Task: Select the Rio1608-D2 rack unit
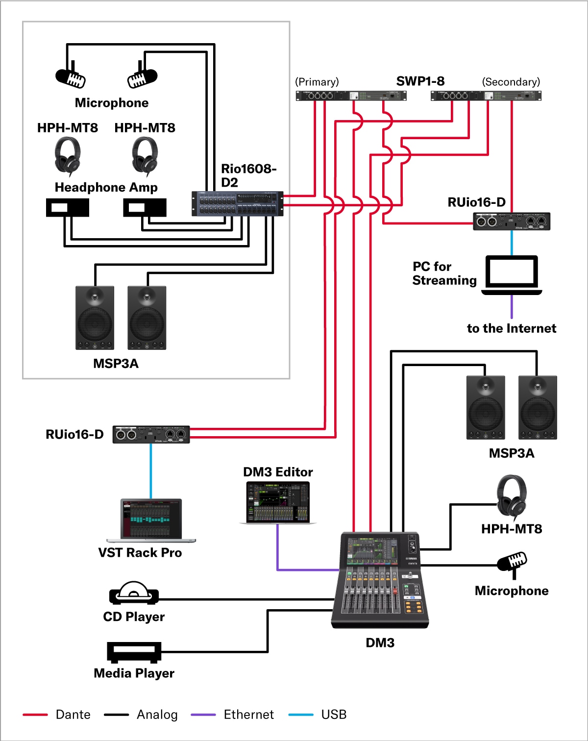coord(237,203)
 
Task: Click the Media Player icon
coord(134,652)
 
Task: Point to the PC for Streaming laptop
coord(512,274)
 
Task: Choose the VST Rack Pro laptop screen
coord(151,519)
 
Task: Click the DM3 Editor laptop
coord(278,502)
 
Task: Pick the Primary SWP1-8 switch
coord(351,96)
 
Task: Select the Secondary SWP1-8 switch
coord(486,96)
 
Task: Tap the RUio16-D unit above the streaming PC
coord(512,222)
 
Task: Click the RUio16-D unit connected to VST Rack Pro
coord(151,435)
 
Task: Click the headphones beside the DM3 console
coord(512,497)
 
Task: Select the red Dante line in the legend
coord(35,715)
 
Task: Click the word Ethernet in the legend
coord(248,715)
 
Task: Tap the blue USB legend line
coord(301,715)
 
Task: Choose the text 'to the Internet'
coord(512,328)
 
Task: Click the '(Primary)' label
coord(317,82)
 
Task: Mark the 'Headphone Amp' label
coord(106,187)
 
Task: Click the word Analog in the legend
coord(157,715)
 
